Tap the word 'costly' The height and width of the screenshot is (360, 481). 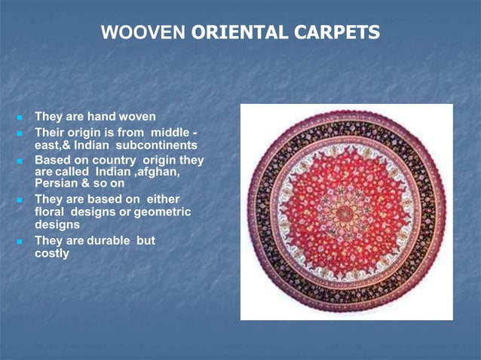pyautogui.click(x=52, y=254)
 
